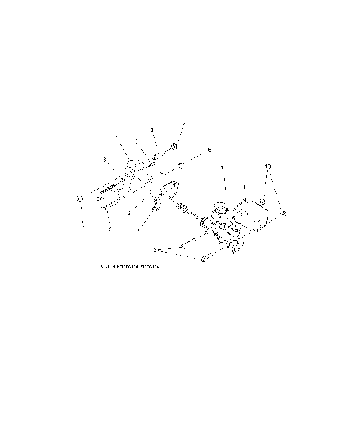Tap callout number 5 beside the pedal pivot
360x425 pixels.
pyautogui.click(x=104, y=160)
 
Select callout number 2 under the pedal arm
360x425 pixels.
pyautogui.click(x=129, y=214)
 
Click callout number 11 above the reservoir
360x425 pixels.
pyautogui.click(x=242, y=164)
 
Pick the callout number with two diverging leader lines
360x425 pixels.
pyautogui.click(x=268, y=164)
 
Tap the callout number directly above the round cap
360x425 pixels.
pyautogui.click(x=223, y=169)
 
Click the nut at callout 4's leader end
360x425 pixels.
pyautogui.click(x=175, y=145)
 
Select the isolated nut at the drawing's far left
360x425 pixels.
pyautogui.click(x=80, y=198)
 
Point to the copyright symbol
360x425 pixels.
pyautogui.click(x=100, y=266)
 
